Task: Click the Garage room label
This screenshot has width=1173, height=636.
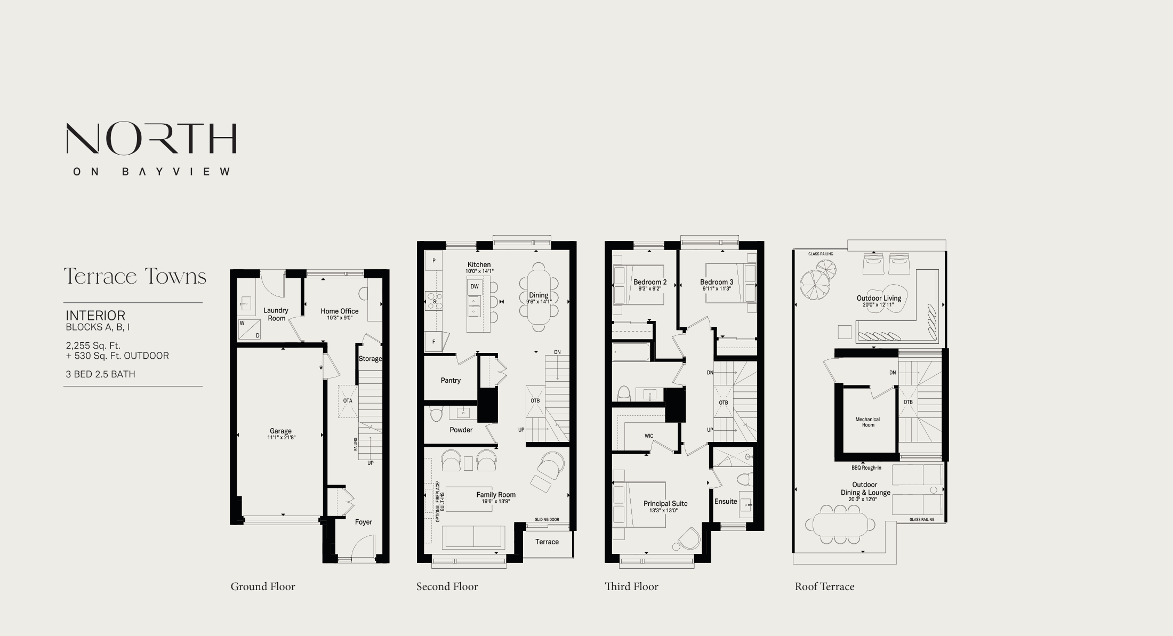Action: coord(280,431)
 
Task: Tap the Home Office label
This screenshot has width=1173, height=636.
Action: coord(339,311)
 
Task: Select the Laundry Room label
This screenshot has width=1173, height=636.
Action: coord(276,314)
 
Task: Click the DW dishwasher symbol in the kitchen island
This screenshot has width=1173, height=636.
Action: coord(475,286)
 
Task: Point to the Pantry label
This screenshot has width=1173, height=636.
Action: coord(451,380)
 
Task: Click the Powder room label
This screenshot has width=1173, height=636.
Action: coord(461,430)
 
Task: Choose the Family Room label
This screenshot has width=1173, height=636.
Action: coord(496,494)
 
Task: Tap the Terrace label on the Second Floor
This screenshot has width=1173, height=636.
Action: coord(547,542)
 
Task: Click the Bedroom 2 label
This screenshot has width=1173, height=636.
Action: coord(650,282)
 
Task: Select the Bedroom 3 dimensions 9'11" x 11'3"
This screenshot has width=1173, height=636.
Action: coord(717,289)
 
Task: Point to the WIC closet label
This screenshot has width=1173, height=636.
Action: coord(649,436)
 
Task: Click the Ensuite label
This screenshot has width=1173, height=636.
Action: coord(726,501)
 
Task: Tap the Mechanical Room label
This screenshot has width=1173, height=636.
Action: coord(867,422)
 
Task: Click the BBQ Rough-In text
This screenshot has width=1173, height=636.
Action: coord(866,468)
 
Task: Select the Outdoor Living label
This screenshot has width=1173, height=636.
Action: coord(879,299)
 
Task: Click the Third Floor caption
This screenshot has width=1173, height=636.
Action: coord(631,586)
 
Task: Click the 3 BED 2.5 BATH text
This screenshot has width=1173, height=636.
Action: coord(100,374)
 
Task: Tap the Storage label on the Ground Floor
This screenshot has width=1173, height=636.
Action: coord(370,359)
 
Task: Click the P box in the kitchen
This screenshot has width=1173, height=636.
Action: coord(434,261)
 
